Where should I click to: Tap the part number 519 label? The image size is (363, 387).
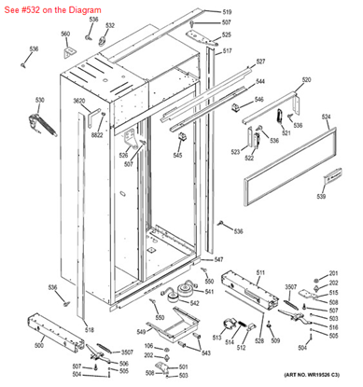(227, 12)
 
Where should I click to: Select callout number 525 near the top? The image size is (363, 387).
(227, 35)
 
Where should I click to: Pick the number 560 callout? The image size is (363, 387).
(65, 34)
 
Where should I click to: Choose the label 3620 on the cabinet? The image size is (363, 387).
(79, 100)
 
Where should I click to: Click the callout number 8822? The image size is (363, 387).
(97, 135)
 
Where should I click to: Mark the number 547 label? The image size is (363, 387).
(217, 258)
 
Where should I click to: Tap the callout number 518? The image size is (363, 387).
(89, 330)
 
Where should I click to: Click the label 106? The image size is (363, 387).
(147, 346)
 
